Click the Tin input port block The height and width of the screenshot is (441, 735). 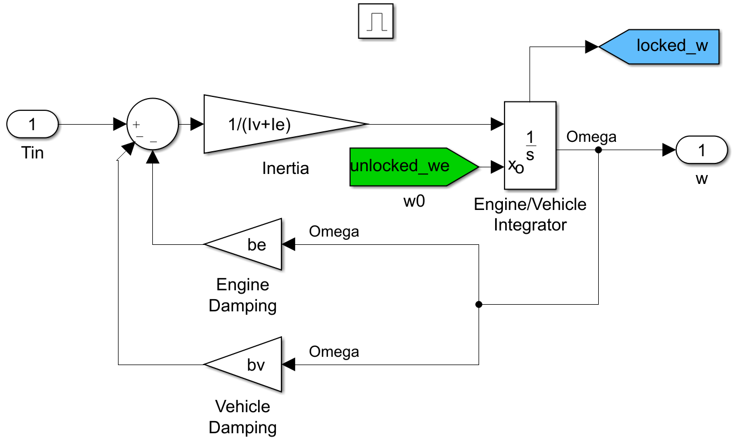tap(32, 124)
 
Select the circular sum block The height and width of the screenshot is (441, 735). tap(153, 125)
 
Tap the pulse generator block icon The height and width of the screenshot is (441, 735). tap(376, 22)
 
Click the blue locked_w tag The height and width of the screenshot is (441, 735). tap(665, 46)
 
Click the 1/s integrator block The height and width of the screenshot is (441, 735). tap(530, 145)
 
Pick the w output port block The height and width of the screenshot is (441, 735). tap(702, 150)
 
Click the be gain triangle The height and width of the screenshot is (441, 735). tap(249, 244)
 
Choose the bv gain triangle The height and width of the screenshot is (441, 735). tap(249, 365)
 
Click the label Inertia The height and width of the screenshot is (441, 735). tap(285, 168)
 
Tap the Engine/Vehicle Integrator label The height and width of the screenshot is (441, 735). tap(530, 214)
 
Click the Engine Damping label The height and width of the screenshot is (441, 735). tap(243, 295)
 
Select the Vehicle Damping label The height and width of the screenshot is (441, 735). tap(243, 417)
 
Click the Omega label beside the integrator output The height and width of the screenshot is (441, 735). tap(591, 137)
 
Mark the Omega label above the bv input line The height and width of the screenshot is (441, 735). tap(334, 352)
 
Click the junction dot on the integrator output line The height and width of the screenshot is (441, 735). tap(598, 150)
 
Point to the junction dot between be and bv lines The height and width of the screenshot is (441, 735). tap(479, 304)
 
